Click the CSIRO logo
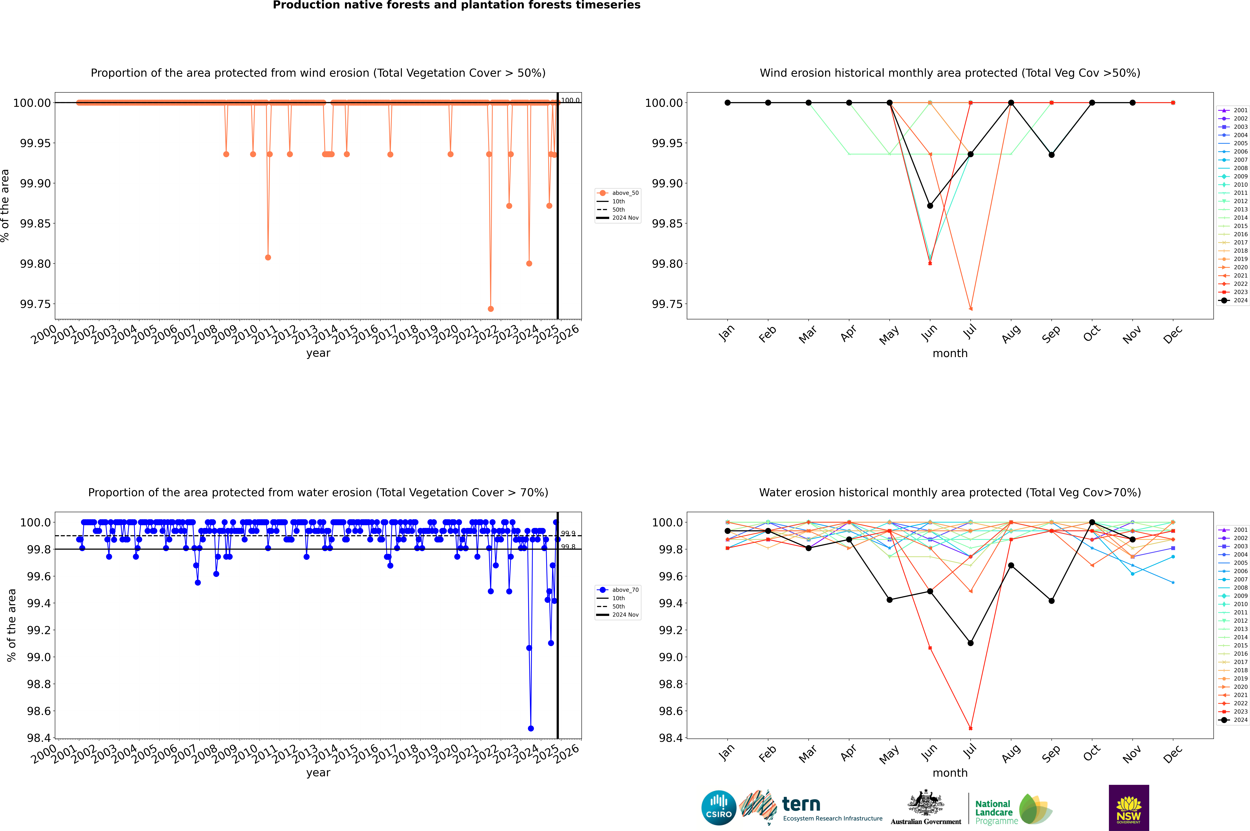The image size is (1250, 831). click(718, 808)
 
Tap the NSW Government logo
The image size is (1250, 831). click(1129, 808)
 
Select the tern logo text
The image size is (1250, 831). click(801, 805)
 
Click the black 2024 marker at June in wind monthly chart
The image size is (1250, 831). click(930, 206)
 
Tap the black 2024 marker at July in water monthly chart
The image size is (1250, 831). click(970, 643)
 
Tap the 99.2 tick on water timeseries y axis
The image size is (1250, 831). click(39, 630)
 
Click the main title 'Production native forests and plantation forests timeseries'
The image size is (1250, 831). click(456, 5)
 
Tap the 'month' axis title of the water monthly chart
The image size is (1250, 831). click(950, 773)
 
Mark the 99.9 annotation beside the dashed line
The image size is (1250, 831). click(568, 534)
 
